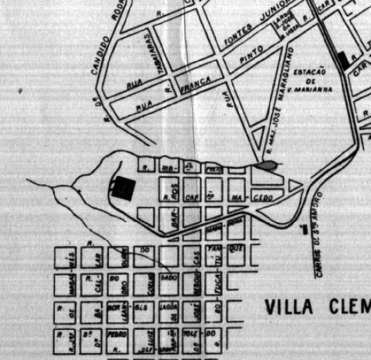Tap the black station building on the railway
coord(344,60)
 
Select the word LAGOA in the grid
coord(168,309)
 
